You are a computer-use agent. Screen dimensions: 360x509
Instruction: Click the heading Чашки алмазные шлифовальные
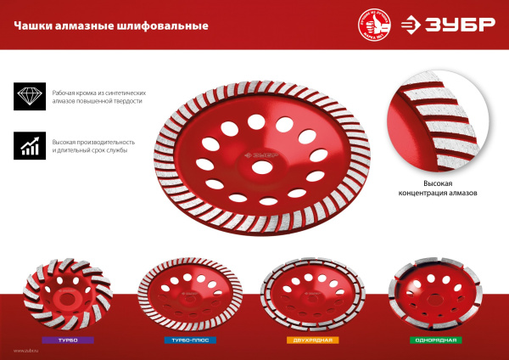point(111,25)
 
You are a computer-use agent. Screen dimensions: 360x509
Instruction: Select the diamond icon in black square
point(30,95)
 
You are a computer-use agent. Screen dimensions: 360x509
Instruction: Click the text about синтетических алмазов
point(101,96)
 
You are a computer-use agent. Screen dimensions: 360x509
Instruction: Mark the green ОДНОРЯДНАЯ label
point(439,340)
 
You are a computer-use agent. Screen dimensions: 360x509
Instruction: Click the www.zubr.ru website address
point(26,350)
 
